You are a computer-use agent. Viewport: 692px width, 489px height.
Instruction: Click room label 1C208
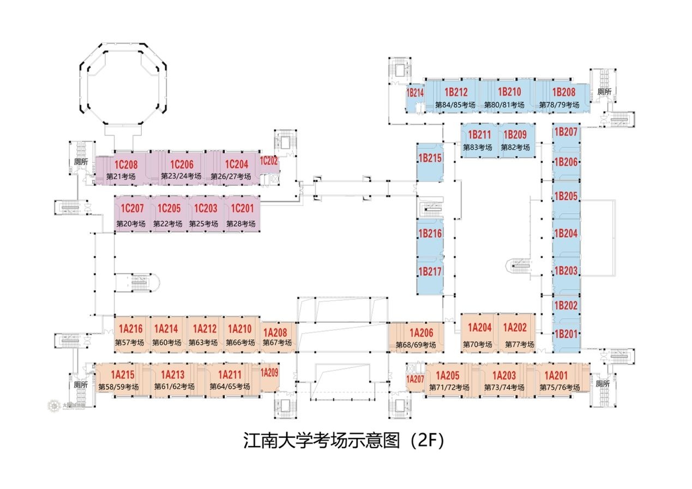(x=125, y=165)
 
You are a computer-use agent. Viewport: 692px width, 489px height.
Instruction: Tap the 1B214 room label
(x=415, y=93)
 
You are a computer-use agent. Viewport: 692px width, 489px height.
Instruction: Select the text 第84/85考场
(x=456, y=105)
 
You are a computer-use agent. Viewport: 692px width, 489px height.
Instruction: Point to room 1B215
(x=430, y=158)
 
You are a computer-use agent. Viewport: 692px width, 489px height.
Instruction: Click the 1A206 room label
(x=421, y=333)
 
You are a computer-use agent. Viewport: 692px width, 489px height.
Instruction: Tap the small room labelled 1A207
(x=416, y=379)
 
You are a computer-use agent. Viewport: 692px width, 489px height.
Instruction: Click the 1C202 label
(x=269, y=161)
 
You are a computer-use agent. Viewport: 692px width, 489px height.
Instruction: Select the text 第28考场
(x=240, y=224)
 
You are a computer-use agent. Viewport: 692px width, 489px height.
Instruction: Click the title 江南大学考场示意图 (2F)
(x=343, y=440)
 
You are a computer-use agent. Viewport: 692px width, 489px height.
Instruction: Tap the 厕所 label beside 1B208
(x=604, y=92)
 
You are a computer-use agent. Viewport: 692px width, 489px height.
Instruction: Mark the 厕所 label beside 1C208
(x=81, y=162)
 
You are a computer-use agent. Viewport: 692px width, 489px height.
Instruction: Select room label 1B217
(x=430, y=271)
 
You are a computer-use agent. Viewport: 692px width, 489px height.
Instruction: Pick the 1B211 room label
(x=479, y=135)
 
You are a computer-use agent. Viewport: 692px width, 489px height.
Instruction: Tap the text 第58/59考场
(x=118, y=387)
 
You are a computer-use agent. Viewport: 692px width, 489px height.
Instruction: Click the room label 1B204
(x=565, y=233)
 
